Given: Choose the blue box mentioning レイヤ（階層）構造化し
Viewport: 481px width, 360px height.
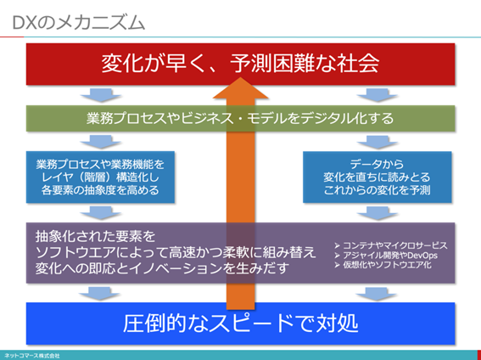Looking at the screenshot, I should pos(100,177).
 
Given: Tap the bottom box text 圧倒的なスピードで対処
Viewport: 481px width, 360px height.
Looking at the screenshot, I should pos(239,323).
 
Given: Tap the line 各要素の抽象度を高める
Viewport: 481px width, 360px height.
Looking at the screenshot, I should pos(100,190).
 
